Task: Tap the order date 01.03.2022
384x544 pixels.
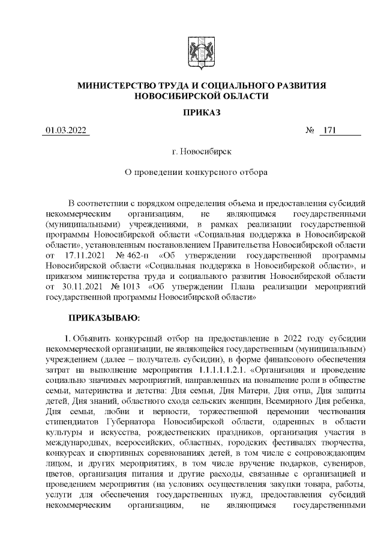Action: click(x=66, y=131)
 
